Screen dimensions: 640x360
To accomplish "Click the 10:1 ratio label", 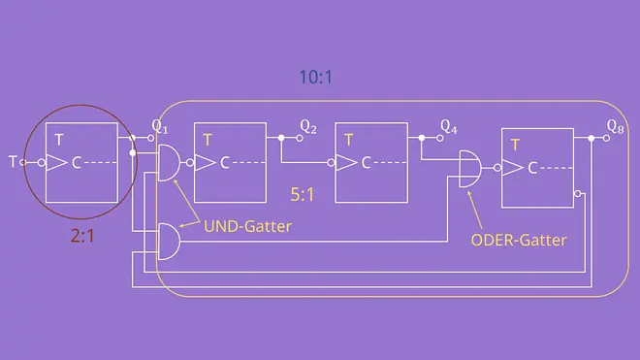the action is click(x=315, y=77).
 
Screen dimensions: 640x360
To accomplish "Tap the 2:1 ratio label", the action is click(x=82, y=236).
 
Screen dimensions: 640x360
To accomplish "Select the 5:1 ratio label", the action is click(x=303, y=194).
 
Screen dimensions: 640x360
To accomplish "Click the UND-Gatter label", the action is click(x=247, y=226).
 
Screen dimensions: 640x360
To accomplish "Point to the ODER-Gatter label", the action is click(x=519, y=240).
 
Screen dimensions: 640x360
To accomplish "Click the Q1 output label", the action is click(x=160, y=127).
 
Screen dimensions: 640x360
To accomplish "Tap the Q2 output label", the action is click(x=308, y=127).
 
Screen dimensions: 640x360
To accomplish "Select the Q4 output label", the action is click(x=449, y=127).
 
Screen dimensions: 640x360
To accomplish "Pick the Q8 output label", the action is click(x=615, y=127).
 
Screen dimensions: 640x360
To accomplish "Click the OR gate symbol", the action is click(x=470, y=168).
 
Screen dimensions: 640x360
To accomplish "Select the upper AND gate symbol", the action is click(x=169, y=163).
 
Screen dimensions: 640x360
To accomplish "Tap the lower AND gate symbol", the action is click(x=169, y=242).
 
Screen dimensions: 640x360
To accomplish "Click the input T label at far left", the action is click(x=13, y=162).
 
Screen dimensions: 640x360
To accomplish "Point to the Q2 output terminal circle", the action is click(x=300, y=138).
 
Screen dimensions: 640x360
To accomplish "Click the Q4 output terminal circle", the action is click(x=439, y=138).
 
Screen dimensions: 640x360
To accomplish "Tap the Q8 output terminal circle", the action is click(x=606, y=139).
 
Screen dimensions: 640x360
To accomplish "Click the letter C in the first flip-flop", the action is click(x=76, y=163).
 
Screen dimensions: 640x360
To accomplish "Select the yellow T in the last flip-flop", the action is click(x=515, y=145).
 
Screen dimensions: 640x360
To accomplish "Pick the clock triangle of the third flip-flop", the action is click(x=346, y=163).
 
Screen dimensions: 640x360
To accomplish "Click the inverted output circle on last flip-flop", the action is click(x=578, y=193).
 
